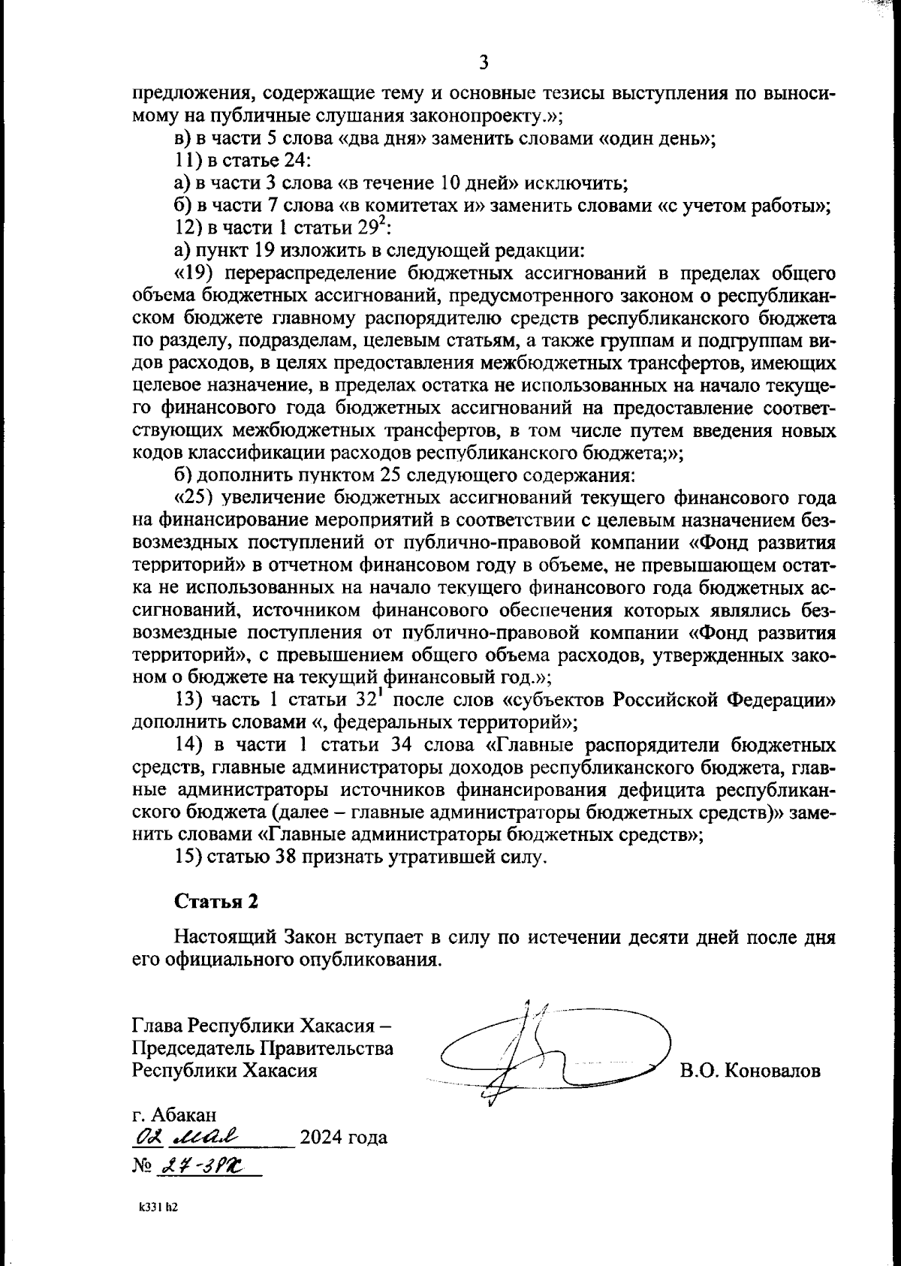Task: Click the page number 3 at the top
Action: coord(484,62)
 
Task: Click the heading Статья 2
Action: coord(216,902)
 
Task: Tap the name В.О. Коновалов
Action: coord(750,1070)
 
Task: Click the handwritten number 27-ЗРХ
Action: coord(202,1165)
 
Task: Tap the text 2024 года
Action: coord(343,1137)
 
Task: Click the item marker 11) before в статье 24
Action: coord(185,161)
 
